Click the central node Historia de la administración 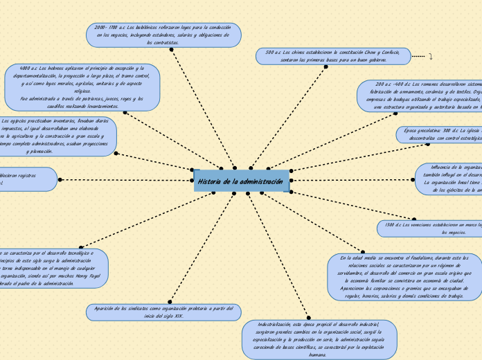pos(242,181)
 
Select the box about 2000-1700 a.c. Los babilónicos pos(163,35)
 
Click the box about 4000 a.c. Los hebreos pos(82,87)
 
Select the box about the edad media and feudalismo pos(404,276)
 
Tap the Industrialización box pos(319,339)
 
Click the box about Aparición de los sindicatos pos(163,312)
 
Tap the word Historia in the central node pos(209,181)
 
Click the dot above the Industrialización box pos(308,318)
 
